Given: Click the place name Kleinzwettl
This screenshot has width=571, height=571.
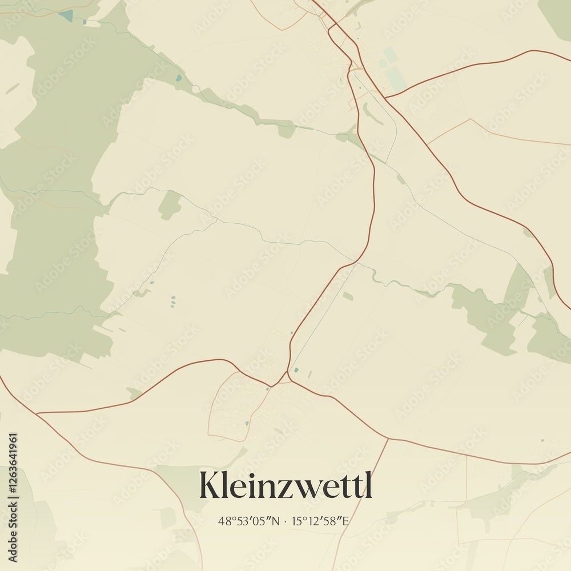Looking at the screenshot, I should tap(285, 486).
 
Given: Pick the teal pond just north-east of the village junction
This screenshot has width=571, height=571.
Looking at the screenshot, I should tap(296, 370).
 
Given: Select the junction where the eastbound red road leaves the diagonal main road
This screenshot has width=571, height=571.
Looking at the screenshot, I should tap(385, 98).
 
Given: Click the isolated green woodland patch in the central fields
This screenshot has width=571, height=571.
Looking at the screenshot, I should tap(170, 204).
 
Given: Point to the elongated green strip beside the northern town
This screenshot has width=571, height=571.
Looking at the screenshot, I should tap(373, 114).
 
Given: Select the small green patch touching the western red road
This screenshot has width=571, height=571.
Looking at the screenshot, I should tap(134, 393).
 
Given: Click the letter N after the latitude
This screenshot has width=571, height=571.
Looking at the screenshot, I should tap(277, 521).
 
